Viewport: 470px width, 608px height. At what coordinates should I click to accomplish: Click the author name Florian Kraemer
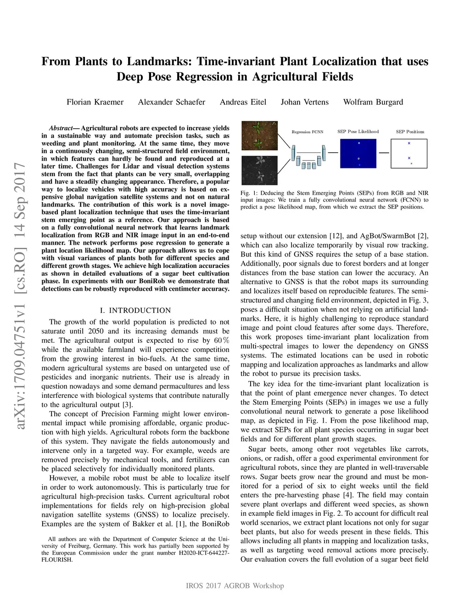(95, 102)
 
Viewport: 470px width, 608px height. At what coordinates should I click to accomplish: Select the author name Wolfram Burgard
(373, 102)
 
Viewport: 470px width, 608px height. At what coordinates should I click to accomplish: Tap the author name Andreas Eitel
(243, 102)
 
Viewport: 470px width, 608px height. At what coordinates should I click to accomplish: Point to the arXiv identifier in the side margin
(20, 296)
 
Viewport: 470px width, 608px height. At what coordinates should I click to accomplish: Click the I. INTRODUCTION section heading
(135, 311)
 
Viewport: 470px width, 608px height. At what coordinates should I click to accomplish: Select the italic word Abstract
(61, 128)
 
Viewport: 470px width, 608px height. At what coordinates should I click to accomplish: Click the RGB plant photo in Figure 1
(259, 136)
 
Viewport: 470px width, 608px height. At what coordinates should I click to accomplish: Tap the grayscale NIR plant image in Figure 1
(259, 170)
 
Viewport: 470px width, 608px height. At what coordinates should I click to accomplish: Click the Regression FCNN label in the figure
(307, 132)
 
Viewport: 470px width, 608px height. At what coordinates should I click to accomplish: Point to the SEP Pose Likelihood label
(358, 132)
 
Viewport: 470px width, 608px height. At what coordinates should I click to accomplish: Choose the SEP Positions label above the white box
(410, 132)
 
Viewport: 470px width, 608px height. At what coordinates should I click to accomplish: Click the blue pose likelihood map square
(358, 154)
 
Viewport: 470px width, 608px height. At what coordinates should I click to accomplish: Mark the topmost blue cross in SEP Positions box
(409, 143)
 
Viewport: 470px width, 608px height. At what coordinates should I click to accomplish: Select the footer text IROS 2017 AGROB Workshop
(235, 586)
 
